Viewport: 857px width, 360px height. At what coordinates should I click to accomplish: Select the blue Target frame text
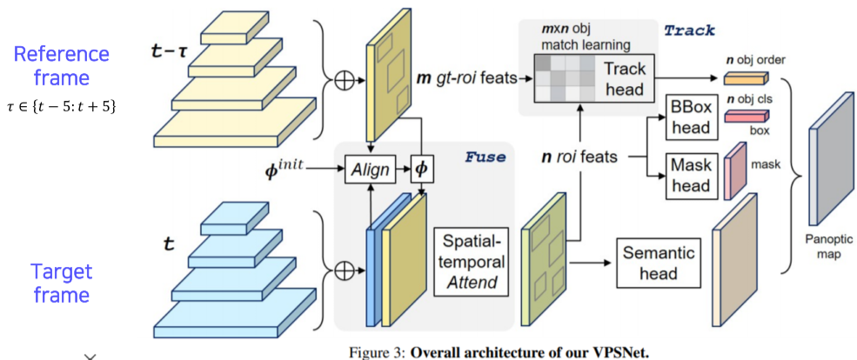[x=61, y=283]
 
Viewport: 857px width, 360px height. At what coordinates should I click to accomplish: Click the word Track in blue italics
[x=688, y=30]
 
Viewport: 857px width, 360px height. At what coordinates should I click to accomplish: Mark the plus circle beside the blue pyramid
[x=345, y=270]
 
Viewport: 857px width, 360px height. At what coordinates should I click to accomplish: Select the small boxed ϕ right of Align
[x=422, y=167]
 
